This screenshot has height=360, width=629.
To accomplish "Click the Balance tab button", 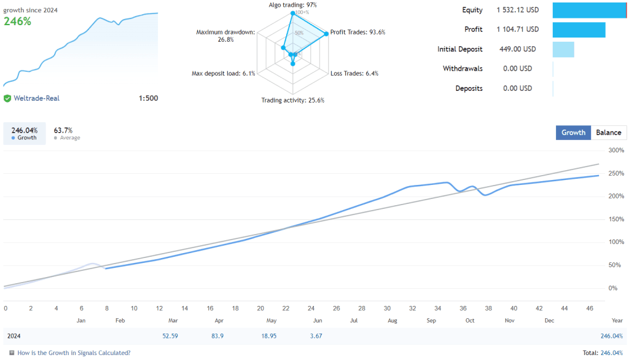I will click(x=609, y=132).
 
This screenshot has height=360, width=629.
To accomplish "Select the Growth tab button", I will click(x=573, y=132).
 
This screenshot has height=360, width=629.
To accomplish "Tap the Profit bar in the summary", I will click(x=579, y=29).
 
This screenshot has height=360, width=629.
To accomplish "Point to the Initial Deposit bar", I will click(x=563, y=49).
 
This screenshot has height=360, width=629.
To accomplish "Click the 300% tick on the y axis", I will click(x=616, y=150).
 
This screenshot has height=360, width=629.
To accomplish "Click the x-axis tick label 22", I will click(x=286, y=308).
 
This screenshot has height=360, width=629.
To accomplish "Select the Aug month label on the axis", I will click(x=392, y=321).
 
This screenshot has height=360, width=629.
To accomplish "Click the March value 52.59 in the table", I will click(x=170, y=336).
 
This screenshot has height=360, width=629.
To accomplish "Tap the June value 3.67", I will click(x=316, y=336).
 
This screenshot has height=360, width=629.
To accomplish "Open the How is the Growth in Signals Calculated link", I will click(x=74, y=353).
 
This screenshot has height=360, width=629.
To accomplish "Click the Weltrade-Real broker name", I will click(x=37, y=98).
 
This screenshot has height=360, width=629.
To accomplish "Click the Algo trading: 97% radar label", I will click(x=292, y=5).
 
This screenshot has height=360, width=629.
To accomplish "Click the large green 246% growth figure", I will click(x=17, y=21).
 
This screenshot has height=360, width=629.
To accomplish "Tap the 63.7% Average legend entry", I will click(x=64, y=133).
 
